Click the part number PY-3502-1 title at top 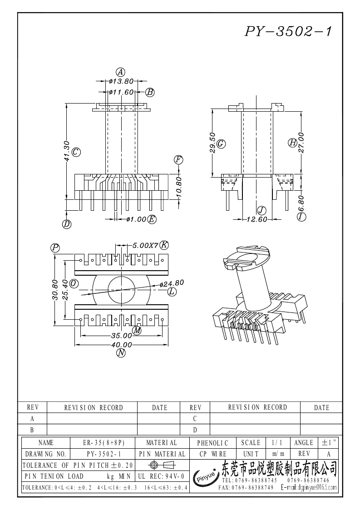(288, 31)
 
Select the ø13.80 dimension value (122, 81)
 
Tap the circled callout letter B (150, 92)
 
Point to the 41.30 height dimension (67, 151)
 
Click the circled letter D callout (67, 224)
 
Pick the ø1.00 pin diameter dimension (136, 219)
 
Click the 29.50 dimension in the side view (212, 143)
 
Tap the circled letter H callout (292, 142)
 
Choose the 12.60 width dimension (257, 219)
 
